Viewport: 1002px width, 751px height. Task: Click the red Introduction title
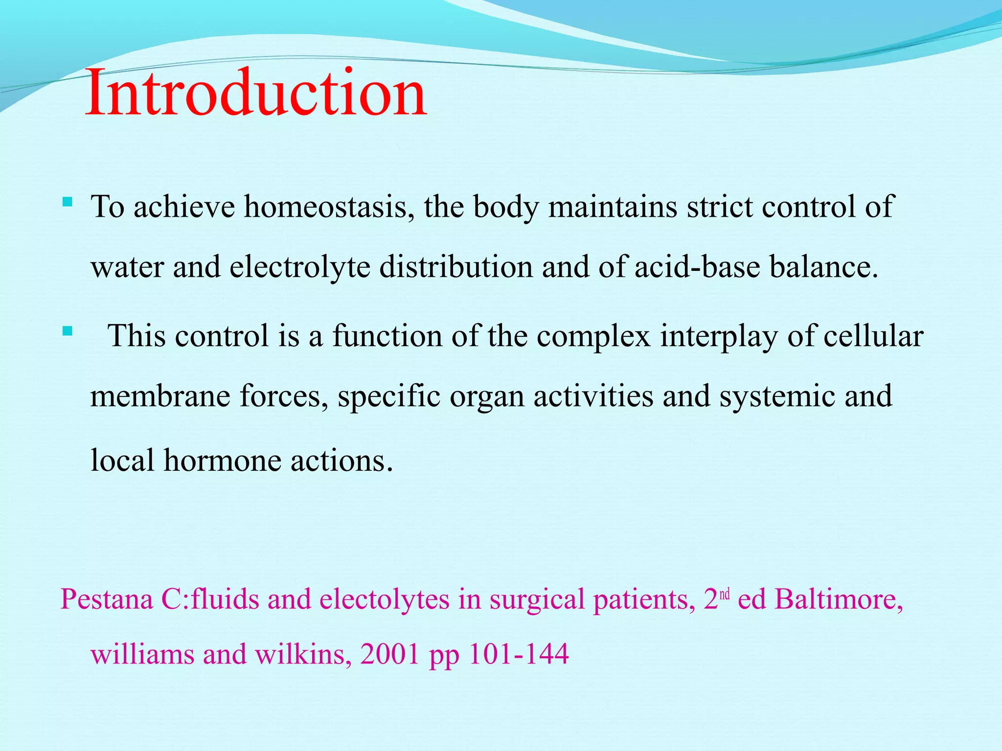(x=256, y=93)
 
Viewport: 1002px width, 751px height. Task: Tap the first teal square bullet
(x=68, y=201)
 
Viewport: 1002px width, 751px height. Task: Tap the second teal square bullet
(x=68, y=332)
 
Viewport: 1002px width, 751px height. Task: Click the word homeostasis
(x=325, y=206)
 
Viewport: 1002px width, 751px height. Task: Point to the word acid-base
(x=697, y=267)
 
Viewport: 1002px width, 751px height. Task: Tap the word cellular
(x=873, y=336)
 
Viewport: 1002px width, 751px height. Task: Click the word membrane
(x=160, y=396)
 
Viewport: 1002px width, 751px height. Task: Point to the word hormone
(x=222, y=461)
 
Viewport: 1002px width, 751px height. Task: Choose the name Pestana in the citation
(x=106, y=599)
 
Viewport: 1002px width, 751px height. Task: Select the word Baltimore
(x=838, y=599)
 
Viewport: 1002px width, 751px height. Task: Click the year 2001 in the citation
(x=390, y=654)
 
